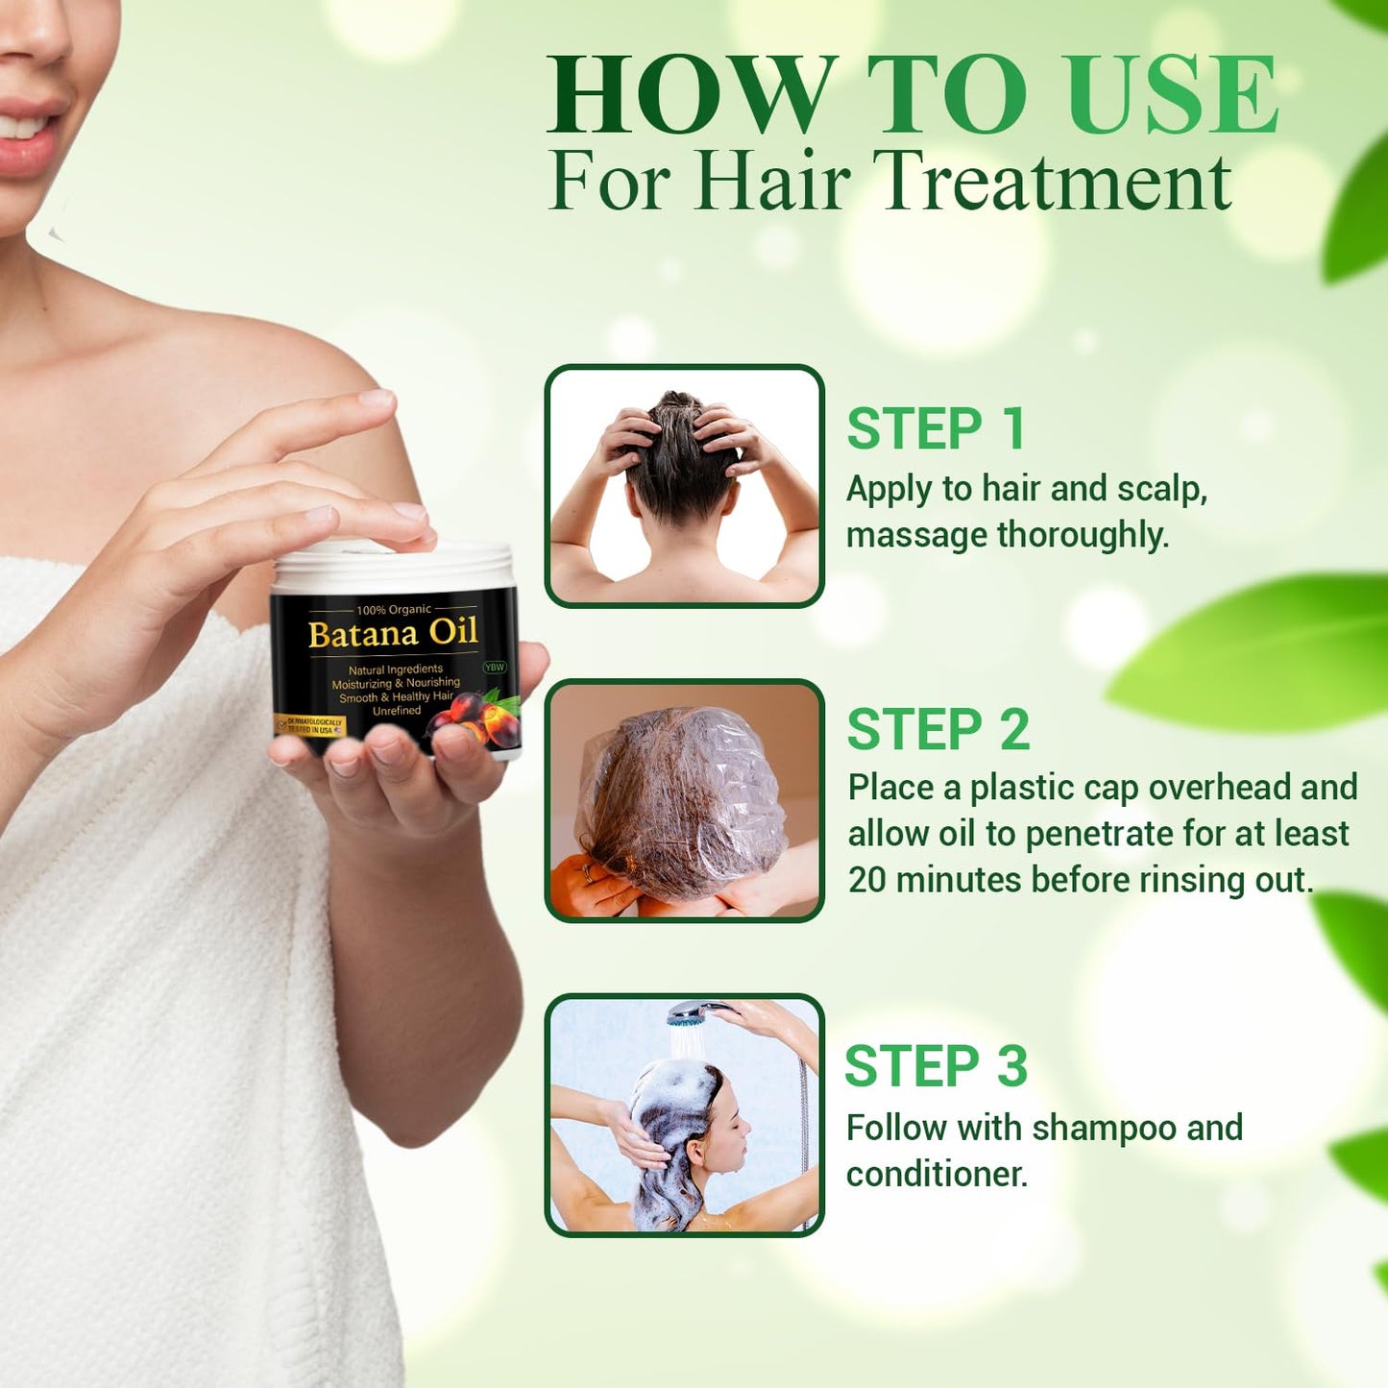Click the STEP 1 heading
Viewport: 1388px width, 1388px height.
click(936, 428)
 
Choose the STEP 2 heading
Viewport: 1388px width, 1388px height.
click(938, 729)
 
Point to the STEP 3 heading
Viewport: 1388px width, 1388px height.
click(936, 1066)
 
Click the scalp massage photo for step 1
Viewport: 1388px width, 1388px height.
click(684, 486)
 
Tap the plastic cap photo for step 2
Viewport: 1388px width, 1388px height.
click(684, 800)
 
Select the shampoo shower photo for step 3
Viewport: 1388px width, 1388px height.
click(684, 1115)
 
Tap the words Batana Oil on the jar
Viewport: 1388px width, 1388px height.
click(393, 634)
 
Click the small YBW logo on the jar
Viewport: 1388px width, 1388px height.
click(494, 667)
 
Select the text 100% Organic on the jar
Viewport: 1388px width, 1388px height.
click(394, 610)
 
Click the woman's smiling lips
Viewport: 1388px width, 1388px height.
click(29, 134)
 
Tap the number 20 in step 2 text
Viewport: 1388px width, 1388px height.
click(866, 880)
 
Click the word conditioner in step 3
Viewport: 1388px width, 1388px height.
click(936, 1174)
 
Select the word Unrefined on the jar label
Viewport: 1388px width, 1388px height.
click(397, 711)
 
